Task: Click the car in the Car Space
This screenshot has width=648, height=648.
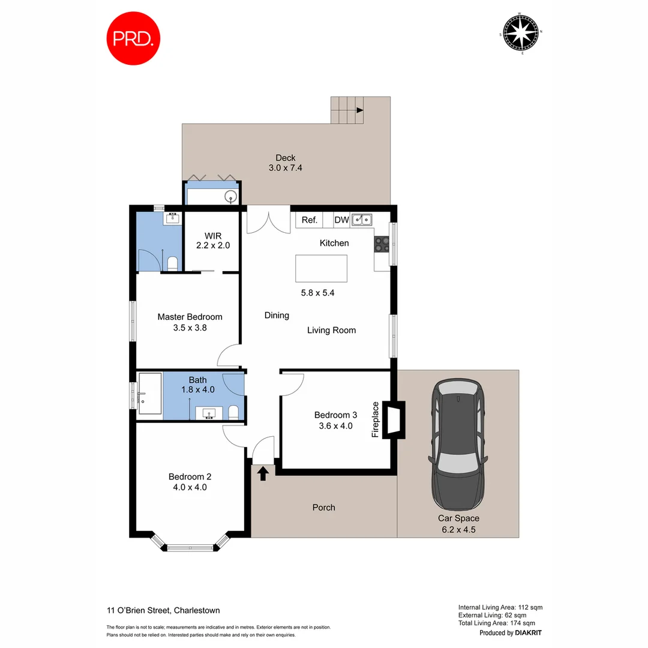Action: click(458, 444)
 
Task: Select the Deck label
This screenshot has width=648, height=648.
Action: click(286, 158)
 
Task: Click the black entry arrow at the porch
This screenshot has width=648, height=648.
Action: click(263, 473)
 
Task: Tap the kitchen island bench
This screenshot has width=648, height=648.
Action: click(321, 268)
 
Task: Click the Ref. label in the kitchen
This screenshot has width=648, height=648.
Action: click(310, 220)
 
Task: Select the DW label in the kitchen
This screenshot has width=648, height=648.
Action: click(341, 220)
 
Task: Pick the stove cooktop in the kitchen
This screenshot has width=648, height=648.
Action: click(382, 244)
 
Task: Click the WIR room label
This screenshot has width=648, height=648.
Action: click(213, 235)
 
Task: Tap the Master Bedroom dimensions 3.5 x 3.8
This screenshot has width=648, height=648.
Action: click(190, 328)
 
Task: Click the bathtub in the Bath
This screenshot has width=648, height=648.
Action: click(150, 394)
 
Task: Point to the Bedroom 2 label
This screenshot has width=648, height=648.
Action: click(190, 477)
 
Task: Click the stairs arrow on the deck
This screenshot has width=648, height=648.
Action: click(359, 110)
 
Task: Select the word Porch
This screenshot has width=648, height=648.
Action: click(324, 508)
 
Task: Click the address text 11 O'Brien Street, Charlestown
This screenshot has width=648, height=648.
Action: click(163, 610)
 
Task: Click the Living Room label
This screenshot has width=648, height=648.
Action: click(331, 330)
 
